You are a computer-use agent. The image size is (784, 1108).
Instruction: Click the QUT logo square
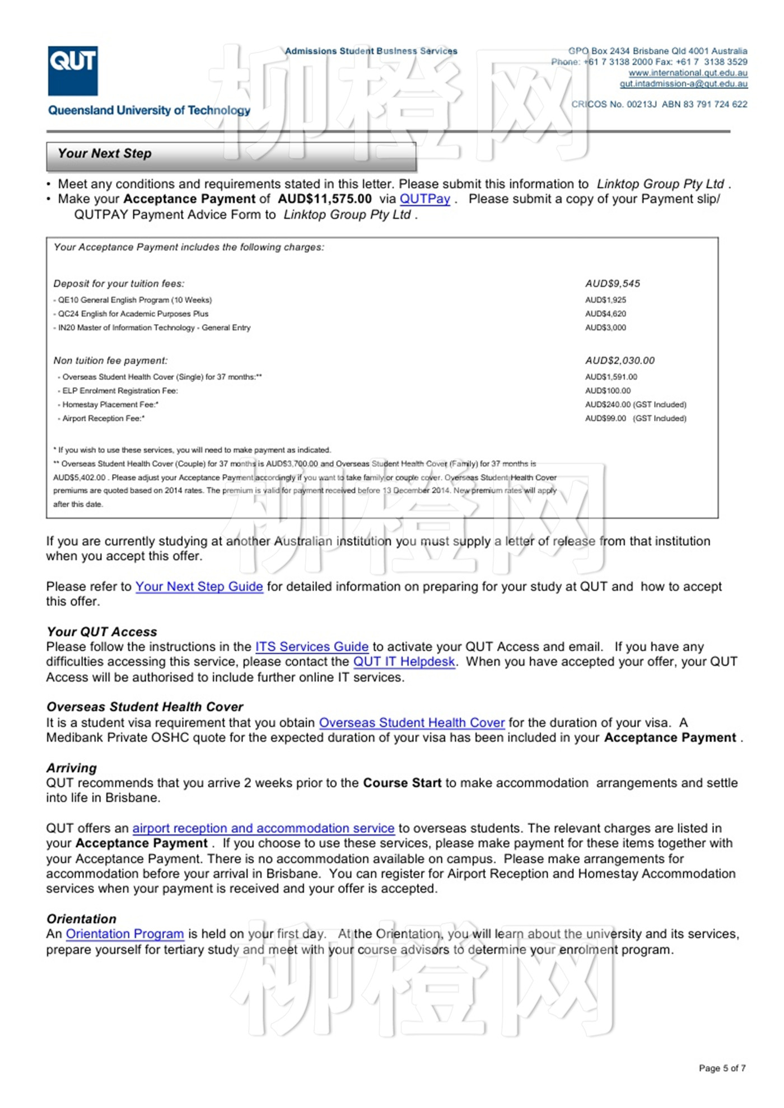pyautogui.click(x=73, y=71)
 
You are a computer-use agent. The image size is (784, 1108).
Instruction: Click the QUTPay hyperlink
pyautogui.click(x=424, y=199)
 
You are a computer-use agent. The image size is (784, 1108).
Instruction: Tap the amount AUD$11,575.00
pyautogui.click(x=325, y=199)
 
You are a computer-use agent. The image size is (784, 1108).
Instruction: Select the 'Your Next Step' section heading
pyautogui.click(x=105, y=153)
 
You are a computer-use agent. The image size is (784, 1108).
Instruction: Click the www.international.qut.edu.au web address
pyautogui.click(x=688, y=73)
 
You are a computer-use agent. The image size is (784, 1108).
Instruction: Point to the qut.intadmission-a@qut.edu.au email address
pyautogui.click(x=683, y=84)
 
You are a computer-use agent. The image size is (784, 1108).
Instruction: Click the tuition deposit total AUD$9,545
pyautogui.click(x=613, y=284)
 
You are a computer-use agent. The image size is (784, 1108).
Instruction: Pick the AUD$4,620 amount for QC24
pyautogui.click(x=605, y=314)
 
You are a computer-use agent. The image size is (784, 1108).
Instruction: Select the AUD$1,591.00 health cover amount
pyautogui.click(x=611, y=377)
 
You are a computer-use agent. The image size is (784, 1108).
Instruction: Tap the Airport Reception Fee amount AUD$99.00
pyautogui.click(x=605, y=419)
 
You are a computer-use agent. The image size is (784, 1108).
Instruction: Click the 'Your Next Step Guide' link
pyautogui.click(x=199, y=586)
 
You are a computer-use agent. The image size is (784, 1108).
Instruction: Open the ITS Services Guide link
pyautogui.click(x=312, y=647)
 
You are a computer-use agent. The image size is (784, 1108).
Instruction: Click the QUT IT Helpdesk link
pyautogui.click(x=404, y=662)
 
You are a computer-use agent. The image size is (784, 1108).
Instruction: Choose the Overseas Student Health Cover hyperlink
pyautogui.click(x=412, y=723)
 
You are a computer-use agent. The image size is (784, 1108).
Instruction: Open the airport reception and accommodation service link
pyautogui.click(x=263, y=828)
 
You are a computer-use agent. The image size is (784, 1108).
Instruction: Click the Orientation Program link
pyautogui.click(x=125, y=934)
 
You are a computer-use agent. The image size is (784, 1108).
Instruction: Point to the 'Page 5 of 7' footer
pyautogui.click(x=722, y=1068)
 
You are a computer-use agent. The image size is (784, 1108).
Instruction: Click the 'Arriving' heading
pyautogui.click(x=72, y=768)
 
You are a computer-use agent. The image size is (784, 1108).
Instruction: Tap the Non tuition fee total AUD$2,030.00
pyautogui.click(x=620, y=361)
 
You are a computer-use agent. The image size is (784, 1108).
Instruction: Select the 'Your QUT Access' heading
pyautogui.click(x=102, y=632)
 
